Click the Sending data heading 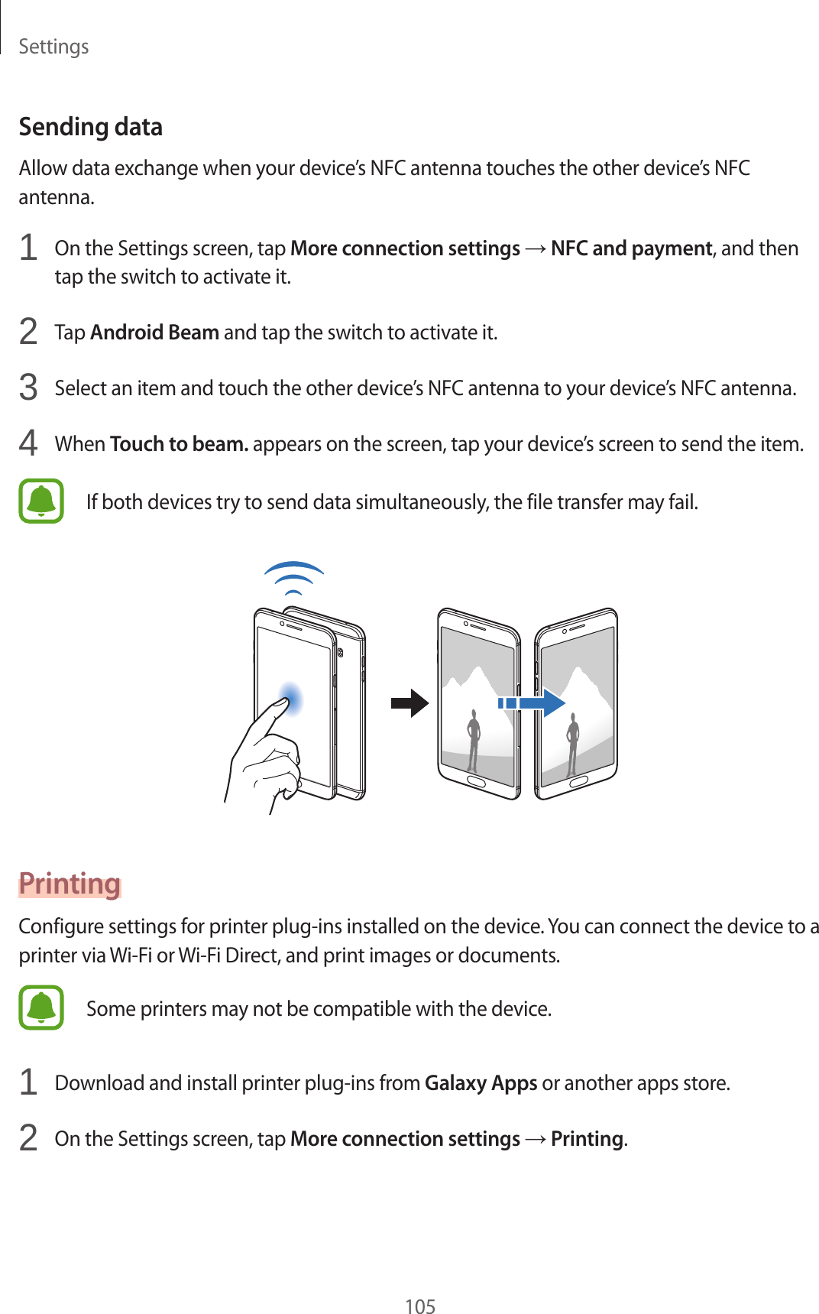click(x=90, y=127)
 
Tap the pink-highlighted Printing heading click(x=70, y=884)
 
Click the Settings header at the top click(x=53, y=47)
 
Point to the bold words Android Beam click(x=154, y=333)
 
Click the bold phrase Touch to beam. click(x=179, y=444)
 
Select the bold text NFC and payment click(x=631, y=248)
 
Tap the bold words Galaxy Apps click(x=481, y=1083)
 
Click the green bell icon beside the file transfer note click(x=41, y=501)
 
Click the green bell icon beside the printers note click(x=41, y=1007)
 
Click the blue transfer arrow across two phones click(x=532, y=703)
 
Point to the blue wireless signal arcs click(x=293, y=578)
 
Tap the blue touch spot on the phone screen click(x=290, y=699)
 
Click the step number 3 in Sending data click(x=28, y=388)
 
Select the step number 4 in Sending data click(x=28, y=443)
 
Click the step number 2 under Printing click(x=28, y=1138)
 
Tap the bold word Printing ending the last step click(x=587, y=1139)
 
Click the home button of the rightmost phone click(x=578, y=782)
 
